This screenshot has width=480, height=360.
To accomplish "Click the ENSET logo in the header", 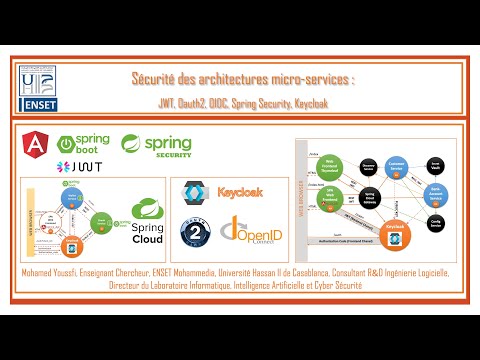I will [40, 87].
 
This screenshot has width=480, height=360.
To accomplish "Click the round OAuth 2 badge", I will [196, 232].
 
